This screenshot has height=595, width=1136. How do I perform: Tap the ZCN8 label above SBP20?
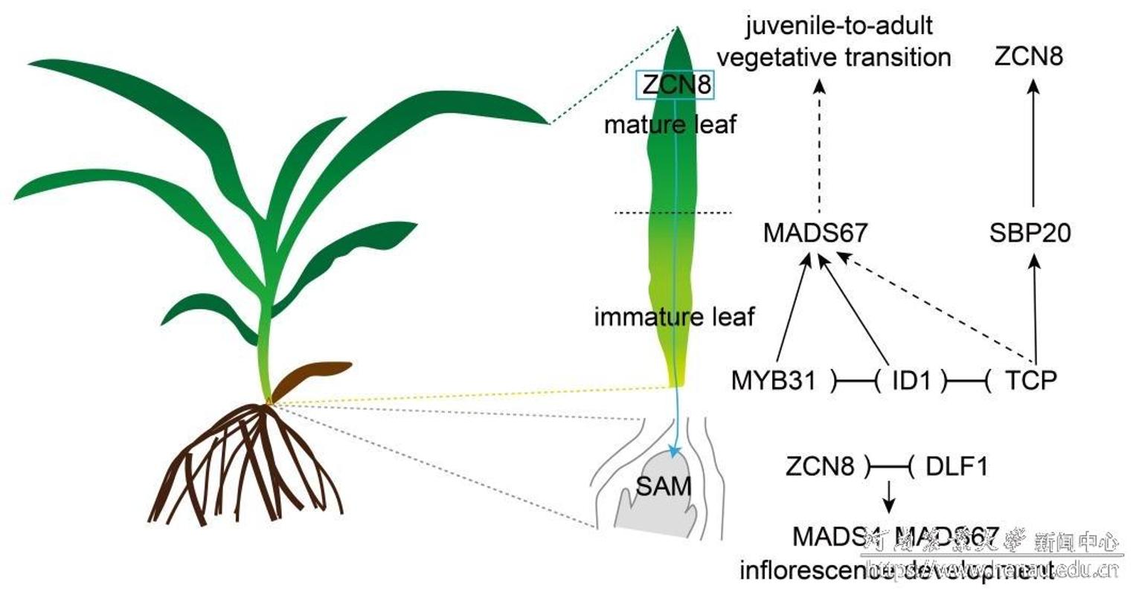pyautogui.click(x=1029, y=57)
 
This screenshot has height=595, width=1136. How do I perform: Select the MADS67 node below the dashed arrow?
pyautogui.click(x=815, y=233)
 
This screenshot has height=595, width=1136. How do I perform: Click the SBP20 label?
pyautogui.click(x=1030, y=233)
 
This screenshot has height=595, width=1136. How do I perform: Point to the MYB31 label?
pyautogui.click(x=774, y=381)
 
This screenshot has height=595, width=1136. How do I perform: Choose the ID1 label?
pyautogui.click(x=911, y=381)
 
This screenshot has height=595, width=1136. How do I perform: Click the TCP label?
pyautogui.click(x=1030, y=381)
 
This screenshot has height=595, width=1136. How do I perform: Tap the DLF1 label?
pyautogui.click(x=957, y=467)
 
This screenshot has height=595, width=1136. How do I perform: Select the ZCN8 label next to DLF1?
pyautogui.click(x=821, y=467)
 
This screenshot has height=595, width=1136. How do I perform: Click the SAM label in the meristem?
pyautogui.click(x=663, y=486)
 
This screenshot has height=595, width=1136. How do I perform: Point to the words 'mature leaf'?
pyautogui.click(x=670, y=124)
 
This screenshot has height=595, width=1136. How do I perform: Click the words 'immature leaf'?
pyautogui.click(x=674, y=318)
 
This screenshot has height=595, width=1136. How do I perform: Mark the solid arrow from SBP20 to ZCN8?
pyautogui.click(x=1033, y=141)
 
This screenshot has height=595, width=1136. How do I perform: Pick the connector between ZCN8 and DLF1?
pyautogui.click(x=888, y=468)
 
